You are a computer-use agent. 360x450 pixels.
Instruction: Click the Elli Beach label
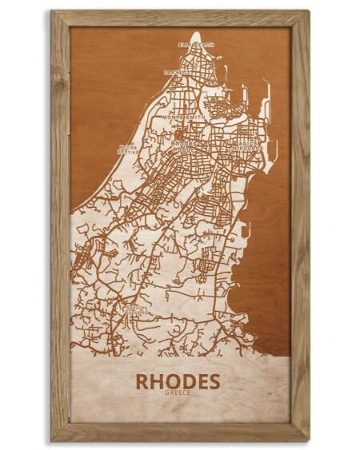coord(197,46)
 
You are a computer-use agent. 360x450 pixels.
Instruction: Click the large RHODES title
coord(177,382)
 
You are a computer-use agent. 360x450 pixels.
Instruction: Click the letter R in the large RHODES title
coord(142,382)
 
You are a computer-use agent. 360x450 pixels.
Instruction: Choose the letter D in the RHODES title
coord(185,382)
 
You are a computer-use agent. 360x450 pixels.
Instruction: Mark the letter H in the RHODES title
coord(156,382)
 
